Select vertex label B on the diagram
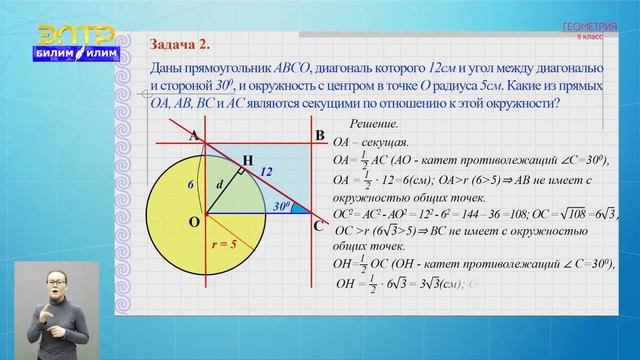tap(319, 135)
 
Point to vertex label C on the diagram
tap(319, 225)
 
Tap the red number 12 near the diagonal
tap(267, 173)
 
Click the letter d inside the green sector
tap(221, 184)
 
